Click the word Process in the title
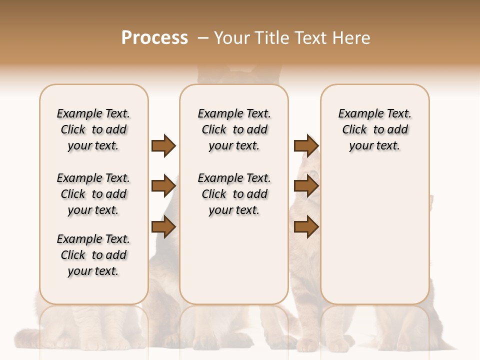pyautogui.click(x=154, y=38)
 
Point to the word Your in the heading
pyautogui.click(x=232, y=38)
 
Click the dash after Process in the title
pyautogui.click(x=202, y=38)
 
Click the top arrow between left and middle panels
pyautogui.click(x=163, y=145)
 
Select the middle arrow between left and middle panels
pyautogui.click(x=163, y=186)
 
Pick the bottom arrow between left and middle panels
pyautogui.click(x=163, y=227)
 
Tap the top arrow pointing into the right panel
pyautogui.click(x=306, y=145)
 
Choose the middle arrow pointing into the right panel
pyautogui.click(x=306, y=186)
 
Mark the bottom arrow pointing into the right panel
pyautogui.click(x=306, y=227)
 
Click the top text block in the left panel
pyautogui.click(x=93, y=129)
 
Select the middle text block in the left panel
pyautogui.click(x=93, y=194)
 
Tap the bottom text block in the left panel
pyautogui.click(x=93, y=255)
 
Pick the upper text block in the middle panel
pyautogui.click(x=234, y=129)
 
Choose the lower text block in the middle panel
pyautogui.click(x=234, y=194)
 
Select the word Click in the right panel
pyautogui.click(x=354, y=130)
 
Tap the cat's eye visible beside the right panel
pyautogui.click(x=313, y=174)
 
